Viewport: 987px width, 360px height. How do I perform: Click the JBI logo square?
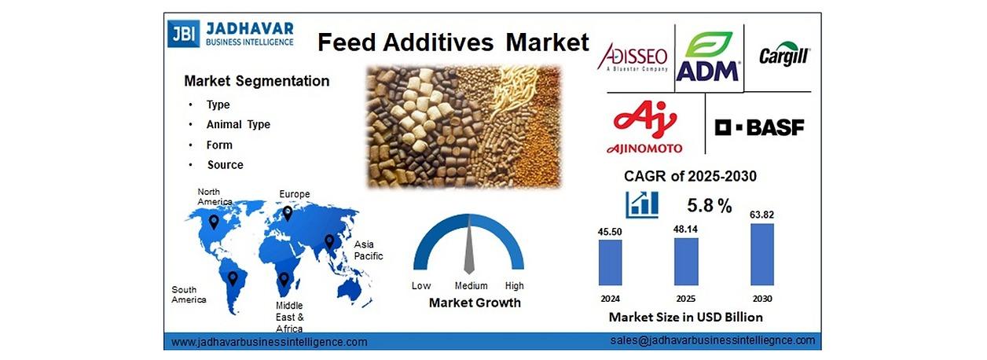(183, 34)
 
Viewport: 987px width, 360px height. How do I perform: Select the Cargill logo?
(784, 55)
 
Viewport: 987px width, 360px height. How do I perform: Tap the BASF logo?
(759, 127)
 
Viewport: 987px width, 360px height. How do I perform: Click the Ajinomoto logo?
(644, 127)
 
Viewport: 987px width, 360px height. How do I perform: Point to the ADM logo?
(708, 57)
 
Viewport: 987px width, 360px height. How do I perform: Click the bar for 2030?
(762, 254)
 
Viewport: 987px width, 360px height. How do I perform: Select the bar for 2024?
(611, 263)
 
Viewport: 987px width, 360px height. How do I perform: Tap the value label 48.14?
(685, 230)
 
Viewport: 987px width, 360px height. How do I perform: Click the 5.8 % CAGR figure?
(710, 205)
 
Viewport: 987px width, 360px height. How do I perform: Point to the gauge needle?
(469, 244)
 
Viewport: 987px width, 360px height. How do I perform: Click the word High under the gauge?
(514, 285)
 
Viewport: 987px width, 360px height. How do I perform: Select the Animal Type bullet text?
(238, 125)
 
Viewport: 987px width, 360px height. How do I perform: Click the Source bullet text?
(226, 165)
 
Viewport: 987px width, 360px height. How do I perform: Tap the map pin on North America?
(214, 222)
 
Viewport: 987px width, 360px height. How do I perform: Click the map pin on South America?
(233, 278)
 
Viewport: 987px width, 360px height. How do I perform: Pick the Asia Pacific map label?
(369, 250)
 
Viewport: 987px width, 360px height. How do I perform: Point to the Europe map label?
(295, 194)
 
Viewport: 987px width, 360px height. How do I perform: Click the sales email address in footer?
(713, 340)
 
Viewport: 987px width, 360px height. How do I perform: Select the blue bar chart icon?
(642, 205)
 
